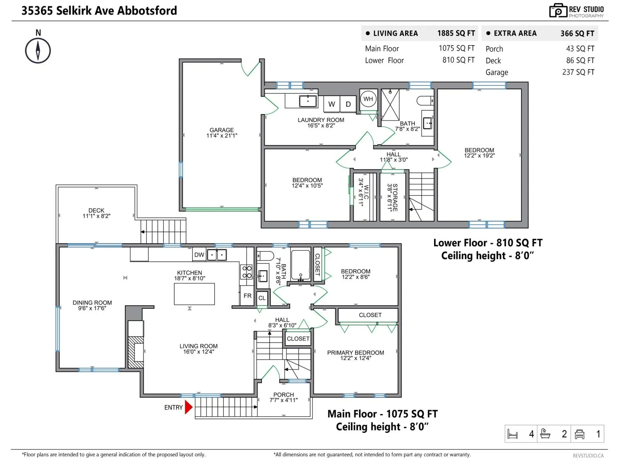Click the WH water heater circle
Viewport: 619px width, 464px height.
pyautogui.click(x=368, y=99)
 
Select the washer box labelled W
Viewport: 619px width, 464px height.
pyautogui.click(x=331, y=104)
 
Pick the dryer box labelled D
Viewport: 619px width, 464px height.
pyautogui.click(x=348, y=104)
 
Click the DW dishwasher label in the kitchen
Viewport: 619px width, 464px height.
pyautogui.click(x=199, y=255)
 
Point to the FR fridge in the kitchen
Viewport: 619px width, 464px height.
pyautogui.click(x=247, y=295)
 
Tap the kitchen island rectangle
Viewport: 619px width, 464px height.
pyautogui.click(x=194, y=294)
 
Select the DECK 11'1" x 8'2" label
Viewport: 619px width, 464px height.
pyautogui.click(x=96, y=213)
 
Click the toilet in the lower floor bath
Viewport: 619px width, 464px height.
pyautogui.click(x=425, y=100)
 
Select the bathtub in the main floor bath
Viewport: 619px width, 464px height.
pyautogui.click(x=300, y=265)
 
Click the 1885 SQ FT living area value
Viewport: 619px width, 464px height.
pyautogui.click(x=456, y=33)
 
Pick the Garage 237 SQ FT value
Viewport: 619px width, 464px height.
pyautogui.click(x=578, y=72)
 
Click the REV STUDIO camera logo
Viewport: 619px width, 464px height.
pyautogui.click(x=557, y=11)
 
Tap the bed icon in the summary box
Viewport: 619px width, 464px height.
pyautogui.click(x=512, y=433)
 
